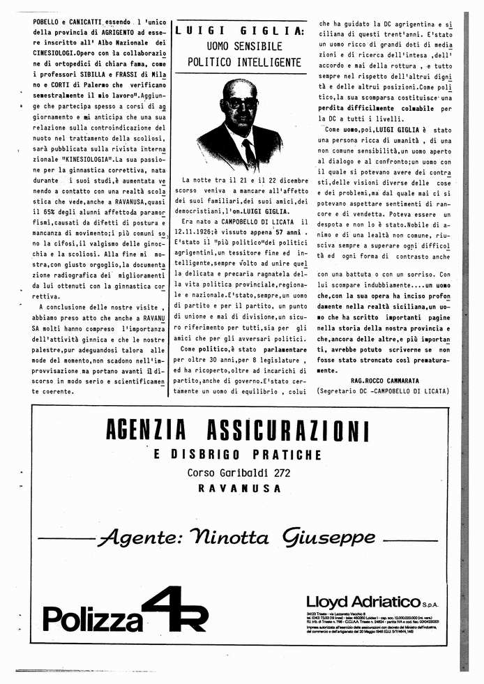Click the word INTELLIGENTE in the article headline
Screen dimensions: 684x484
[269, 62]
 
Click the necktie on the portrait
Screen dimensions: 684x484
[248, 153]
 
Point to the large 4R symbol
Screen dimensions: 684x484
[174, 608]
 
